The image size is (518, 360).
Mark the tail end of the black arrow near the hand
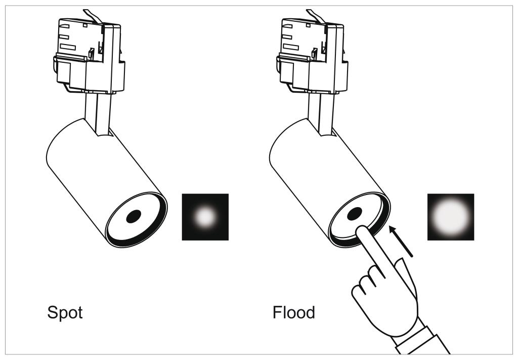(x=413, y=256)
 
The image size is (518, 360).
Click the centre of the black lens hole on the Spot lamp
(x=134, y=216)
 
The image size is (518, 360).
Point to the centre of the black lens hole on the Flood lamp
(x=355, y=214)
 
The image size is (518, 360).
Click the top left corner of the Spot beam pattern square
(x=182, y=194)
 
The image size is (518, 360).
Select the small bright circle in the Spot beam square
(x=205, y=217)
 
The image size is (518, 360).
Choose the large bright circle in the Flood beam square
(x=451, y=217)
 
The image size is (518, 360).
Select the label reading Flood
(x=294, y=312)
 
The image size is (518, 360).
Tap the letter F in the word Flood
(x=277, y=312)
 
